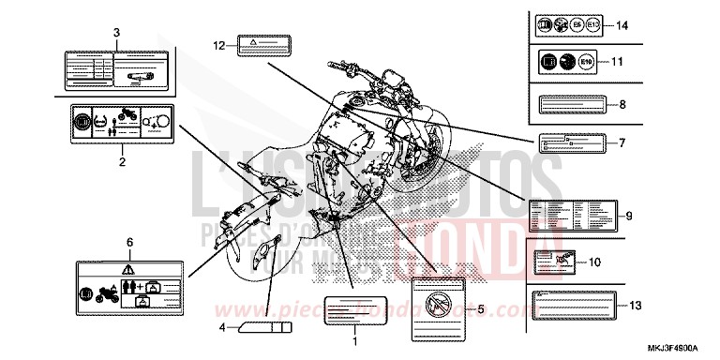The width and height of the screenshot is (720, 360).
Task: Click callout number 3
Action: (x=116, y=33)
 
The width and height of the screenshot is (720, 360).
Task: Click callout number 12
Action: (x=218, y=45)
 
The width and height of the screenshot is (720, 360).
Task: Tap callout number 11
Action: (x=617, y=62)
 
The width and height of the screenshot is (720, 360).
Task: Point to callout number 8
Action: (x=622, y=104)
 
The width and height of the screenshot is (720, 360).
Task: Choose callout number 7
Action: (x=621, y=143)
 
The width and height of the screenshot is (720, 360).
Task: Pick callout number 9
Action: (x=629, y=217)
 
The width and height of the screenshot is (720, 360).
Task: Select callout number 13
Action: (x=636, y=306)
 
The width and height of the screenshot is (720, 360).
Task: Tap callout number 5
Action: (x=481, y=307)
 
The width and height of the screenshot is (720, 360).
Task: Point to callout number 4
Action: (x=223, y=327)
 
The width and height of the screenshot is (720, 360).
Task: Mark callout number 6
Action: (x=128, y=242)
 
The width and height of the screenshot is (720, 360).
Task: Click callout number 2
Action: (x=121, y=161)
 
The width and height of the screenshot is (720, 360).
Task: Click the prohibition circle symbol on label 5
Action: (x=436, y=302)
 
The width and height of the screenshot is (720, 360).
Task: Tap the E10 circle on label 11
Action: (x=587, y=63)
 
